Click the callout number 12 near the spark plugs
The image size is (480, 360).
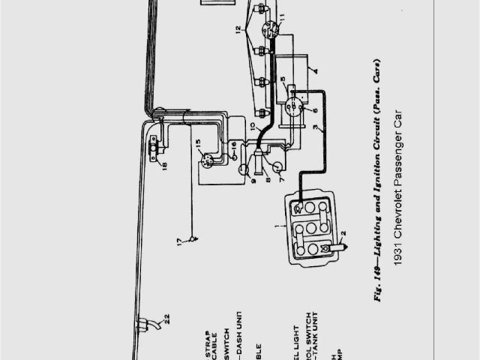click(x=238, y=31)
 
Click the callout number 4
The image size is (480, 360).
click(x=316, y=73)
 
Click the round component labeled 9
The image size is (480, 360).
click(x=244, y=170)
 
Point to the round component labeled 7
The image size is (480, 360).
click(x=276, y=169)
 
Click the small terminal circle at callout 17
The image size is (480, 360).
click(x=193, y=240)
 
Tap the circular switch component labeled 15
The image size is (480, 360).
click(x=208, y=159)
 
